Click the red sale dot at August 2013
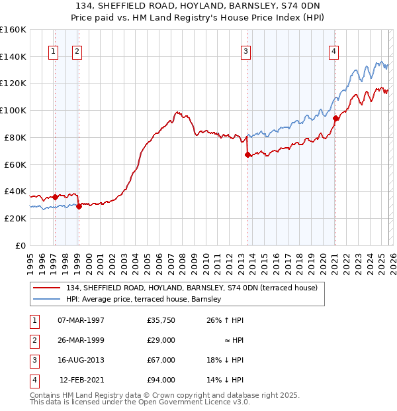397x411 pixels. click(247, 154)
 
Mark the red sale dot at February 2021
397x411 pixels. click(335, 118)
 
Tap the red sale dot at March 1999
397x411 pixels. click(79, 206)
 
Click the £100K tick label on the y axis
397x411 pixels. click(13, 110)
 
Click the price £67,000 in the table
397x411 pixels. click(161, 360)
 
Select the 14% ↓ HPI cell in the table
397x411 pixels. click(224, 380)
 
